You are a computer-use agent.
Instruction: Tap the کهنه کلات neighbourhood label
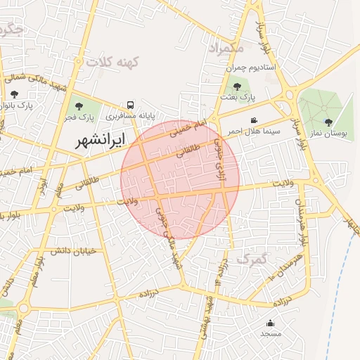click(114, 62)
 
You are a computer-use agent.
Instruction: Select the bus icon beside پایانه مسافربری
click(130, 103)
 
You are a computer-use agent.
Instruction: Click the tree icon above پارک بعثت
click(237, 88)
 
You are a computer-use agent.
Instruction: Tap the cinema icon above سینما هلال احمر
click(254, 120)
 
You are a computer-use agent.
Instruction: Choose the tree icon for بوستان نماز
click(328, 122)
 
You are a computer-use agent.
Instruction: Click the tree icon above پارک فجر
click(77, 105)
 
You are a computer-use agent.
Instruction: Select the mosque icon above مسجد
click(271, 323)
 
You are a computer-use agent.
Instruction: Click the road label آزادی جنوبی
click(222, 155)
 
